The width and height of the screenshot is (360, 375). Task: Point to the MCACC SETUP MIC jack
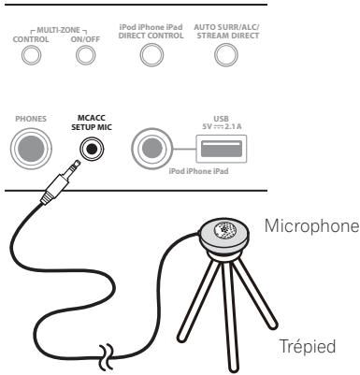(93, 149)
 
